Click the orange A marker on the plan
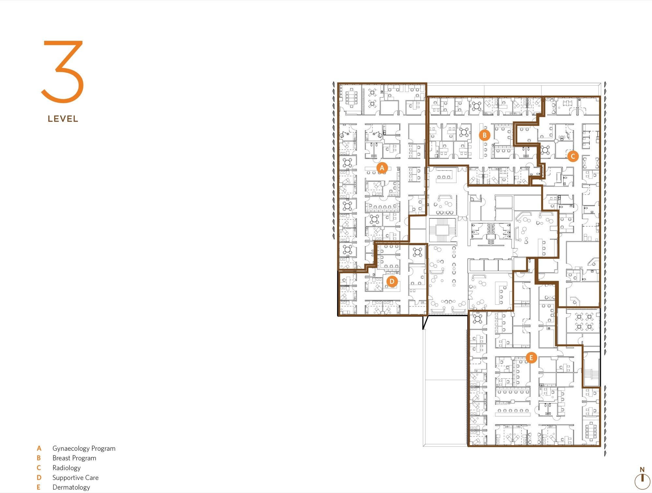[x=382, y=168]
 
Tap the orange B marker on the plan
[x=484, y=135]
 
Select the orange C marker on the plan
[x=573, y=156]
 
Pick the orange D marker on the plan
[x=392, y=281]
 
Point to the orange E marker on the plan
[x=531, y=358]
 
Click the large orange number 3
[x=63, y=72]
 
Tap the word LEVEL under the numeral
[x=63, y=119]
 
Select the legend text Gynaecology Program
[x=84, y=448]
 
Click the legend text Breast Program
[x=74, y=458]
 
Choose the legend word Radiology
[x=67, y=468]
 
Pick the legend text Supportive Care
[x=75, y=478]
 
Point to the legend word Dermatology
[x=71, y=487]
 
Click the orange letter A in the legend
[x=39, y=448]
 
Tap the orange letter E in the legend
[x=38, y=487]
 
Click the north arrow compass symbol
[x=642, y=482]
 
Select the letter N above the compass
[x=642, y=470]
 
